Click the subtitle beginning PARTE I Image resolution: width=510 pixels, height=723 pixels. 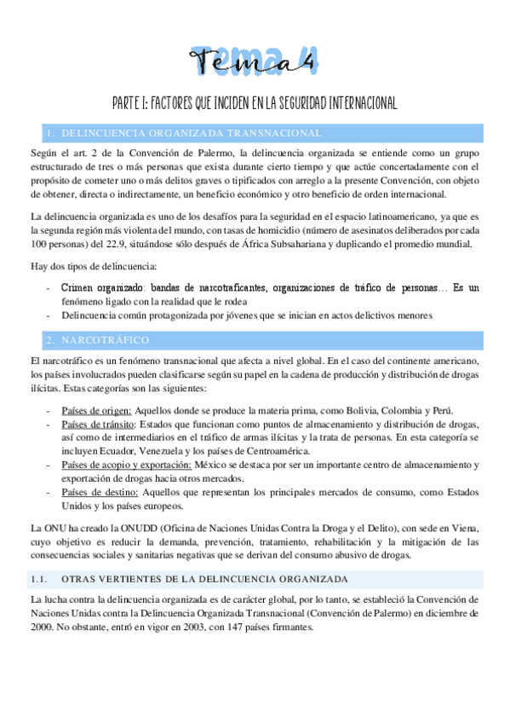255,103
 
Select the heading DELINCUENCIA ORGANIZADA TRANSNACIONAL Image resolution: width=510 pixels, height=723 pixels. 192,133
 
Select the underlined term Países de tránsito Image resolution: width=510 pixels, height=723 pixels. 98,424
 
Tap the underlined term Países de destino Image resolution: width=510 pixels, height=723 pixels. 97,492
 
